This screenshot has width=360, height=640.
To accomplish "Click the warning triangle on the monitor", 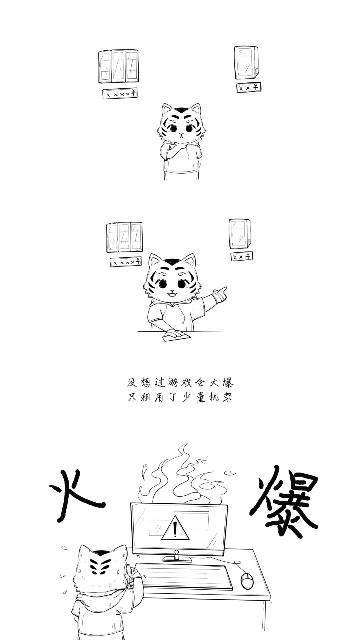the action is point(175,528).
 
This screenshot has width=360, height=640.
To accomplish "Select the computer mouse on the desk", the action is point(247,581).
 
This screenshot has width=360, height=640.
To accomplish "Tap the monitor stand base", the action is point(177,559).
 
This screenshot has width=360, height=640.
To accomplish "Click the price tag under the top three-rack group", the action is point(120,94).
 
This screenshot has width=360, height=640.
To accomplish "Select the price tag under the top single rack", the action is point(249,87).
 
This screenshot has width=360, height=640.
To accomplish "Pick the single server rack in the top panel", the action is point(246,62).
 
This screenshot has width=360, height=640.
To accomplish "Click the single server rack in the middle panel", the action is point(240,234).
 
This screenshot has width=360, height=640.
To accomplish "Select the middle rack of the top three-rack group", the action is point(118,66).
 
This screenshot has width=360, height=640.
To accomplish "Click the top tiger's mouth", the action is point(181,135).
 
